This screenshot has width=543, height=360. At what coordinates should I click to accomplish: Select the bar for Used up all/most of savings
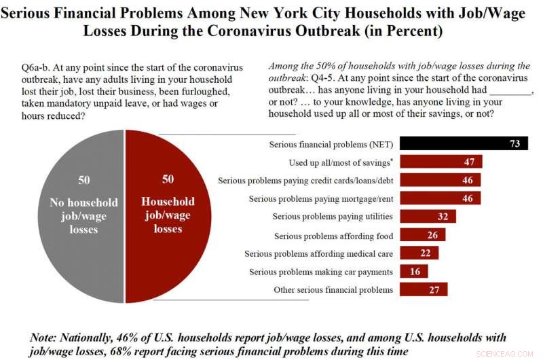[x=441, y=162]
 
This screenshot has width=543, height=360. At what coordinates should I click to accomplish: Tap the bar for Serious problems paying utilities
[x=428, y=216]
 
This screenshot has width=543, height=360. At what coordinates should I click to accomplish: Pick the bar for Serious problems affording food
[x=422, y=235]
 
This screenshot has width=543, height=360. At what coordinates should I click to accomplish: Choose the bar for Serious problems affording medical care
[x=419, y=253]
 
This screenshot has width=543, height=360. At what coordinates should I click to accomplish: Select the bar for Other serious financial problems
[x=424, y=289]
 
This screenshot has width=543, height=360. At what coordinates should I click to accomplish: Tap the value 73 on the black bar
[x=514, y=144]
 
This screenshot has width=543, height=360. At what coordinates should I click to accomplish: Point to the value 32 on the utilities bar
[x=442, y=217]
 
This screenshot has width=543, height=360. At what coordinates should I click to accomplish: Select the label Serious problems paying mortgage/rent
[x=321, y=198]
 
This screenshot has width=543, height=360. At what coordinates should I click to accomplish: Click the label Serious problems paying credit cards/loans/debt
[x=305, y=181]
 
